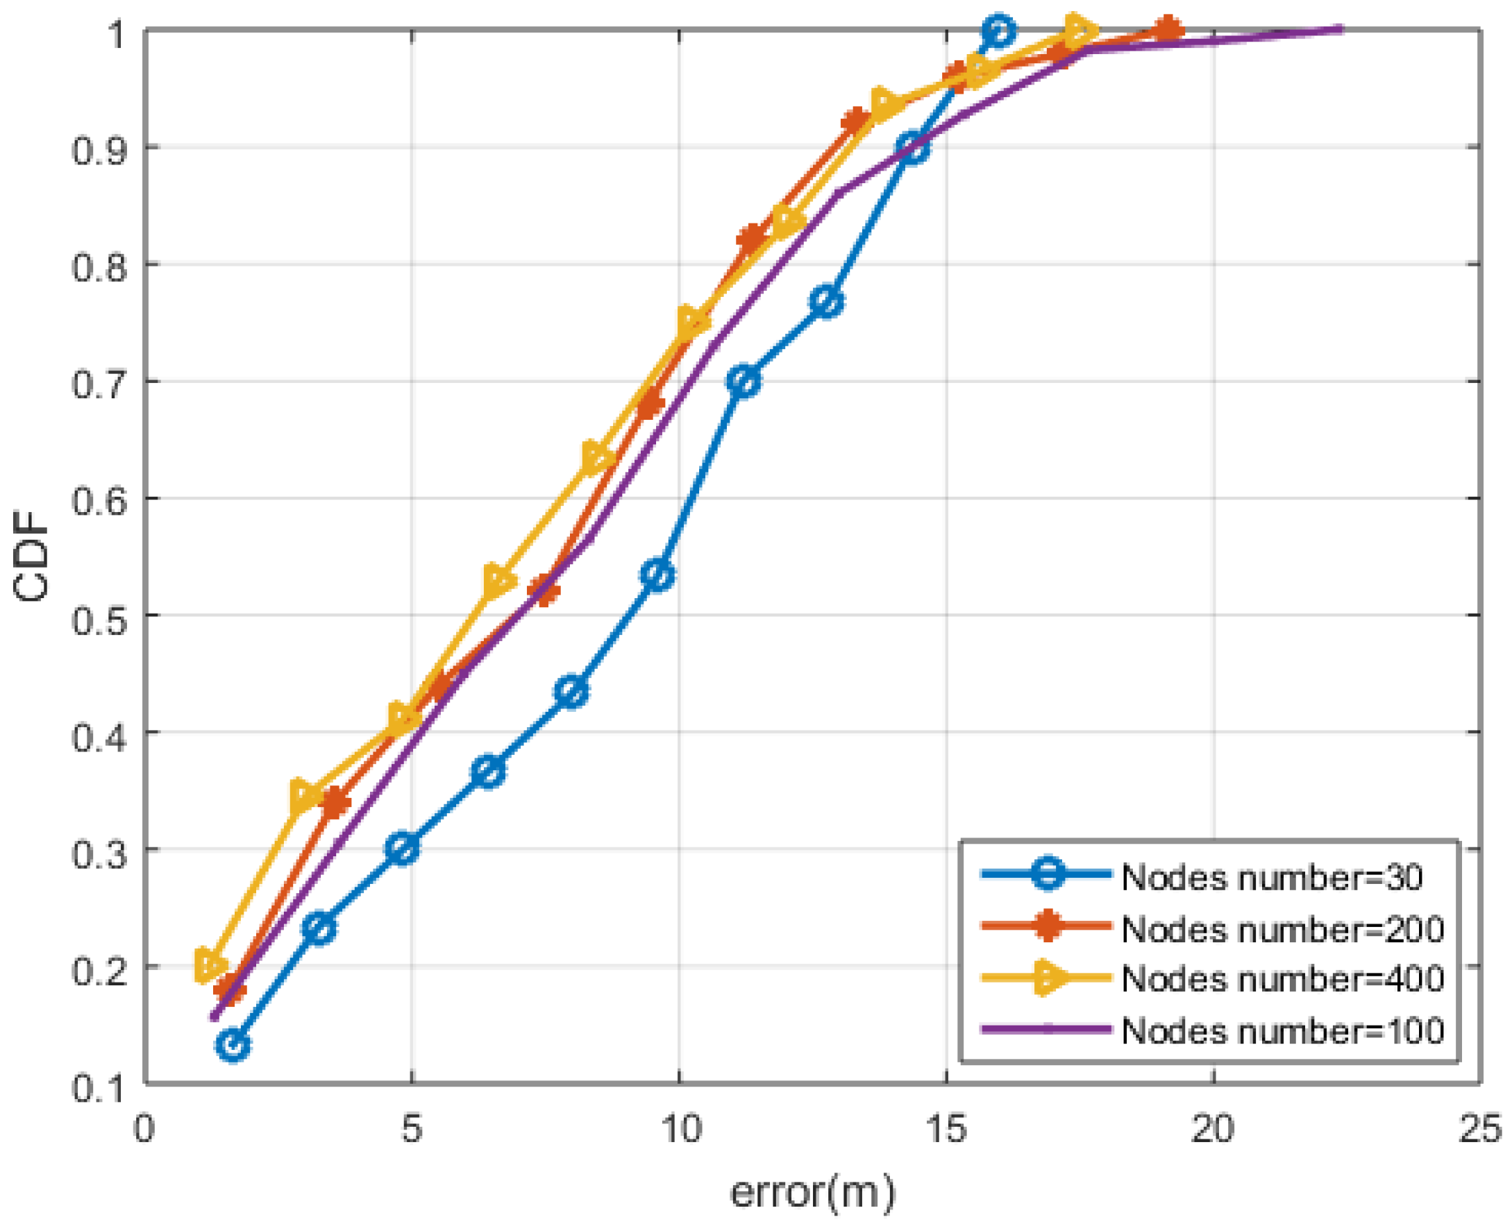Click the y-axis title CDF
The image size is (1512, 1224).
pos(32,556)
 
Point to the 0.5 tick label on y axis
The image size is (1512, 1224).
pos(99,615)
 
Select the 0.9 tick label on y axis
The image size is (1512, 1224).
pos(99,148)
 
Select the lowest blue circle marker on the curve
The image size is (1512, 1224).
pos(233,1045)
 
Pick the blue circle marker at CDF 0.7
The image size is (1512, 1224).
pos(744,382)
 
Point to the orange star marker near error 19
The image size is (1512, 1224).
pos(1168,30)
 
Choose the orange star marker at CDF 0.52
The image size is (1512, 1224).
pos(544,590)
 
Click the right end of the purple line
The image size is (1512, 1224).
pos(1340,30)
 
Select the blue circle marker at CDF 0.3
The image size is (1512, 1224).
pos(403,847)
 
